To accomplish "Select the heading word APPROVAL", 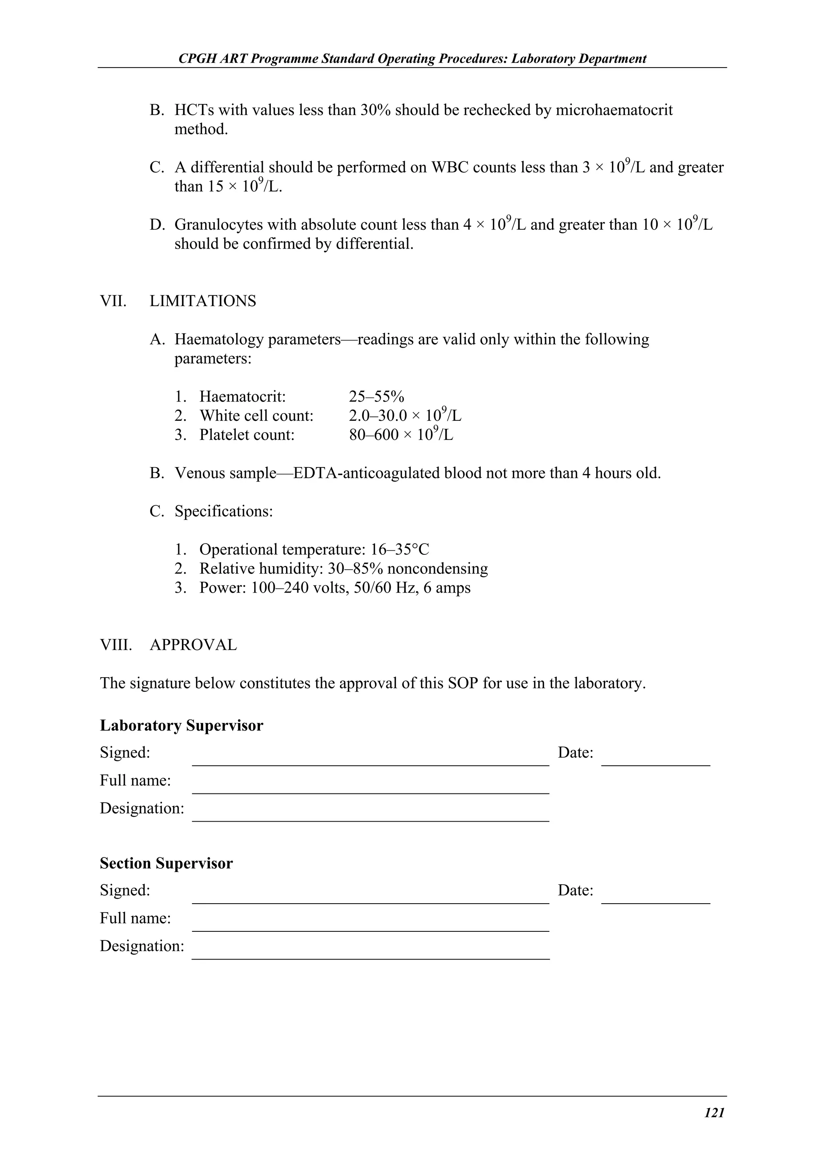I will click(193, 645).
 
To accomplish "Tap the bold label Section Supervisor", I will click(166, 863).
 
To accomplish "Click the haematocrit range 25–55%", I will click(376, 397).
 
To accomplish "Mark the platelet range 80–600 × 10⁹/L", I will click(401, 435).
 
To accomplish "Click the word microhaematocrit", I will click(614, 110).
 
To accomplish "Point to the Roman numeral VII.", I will click(113, 301).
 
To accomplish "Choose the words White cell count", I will click(256, 416).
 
